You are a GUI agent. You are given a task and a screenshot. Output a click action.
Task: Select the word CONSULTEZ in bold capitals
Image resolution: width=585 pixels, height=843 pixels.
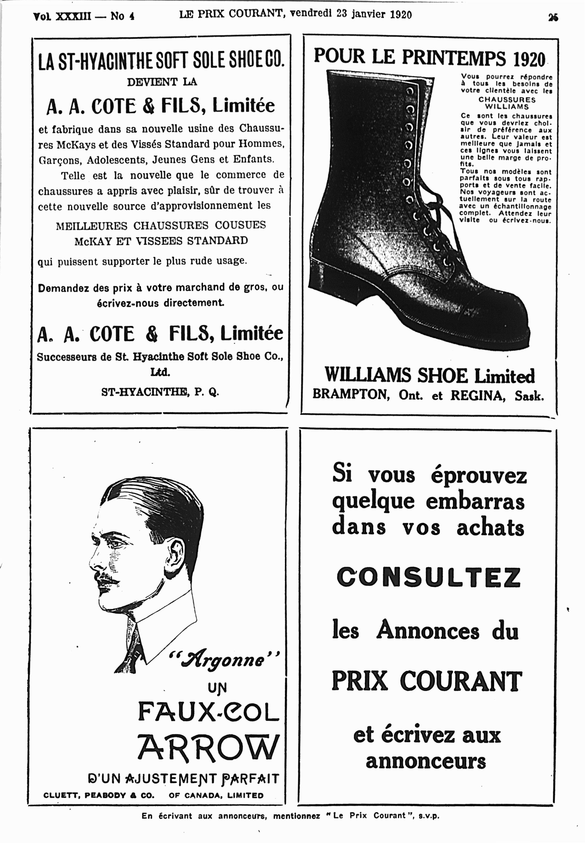tap(428, 577)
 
